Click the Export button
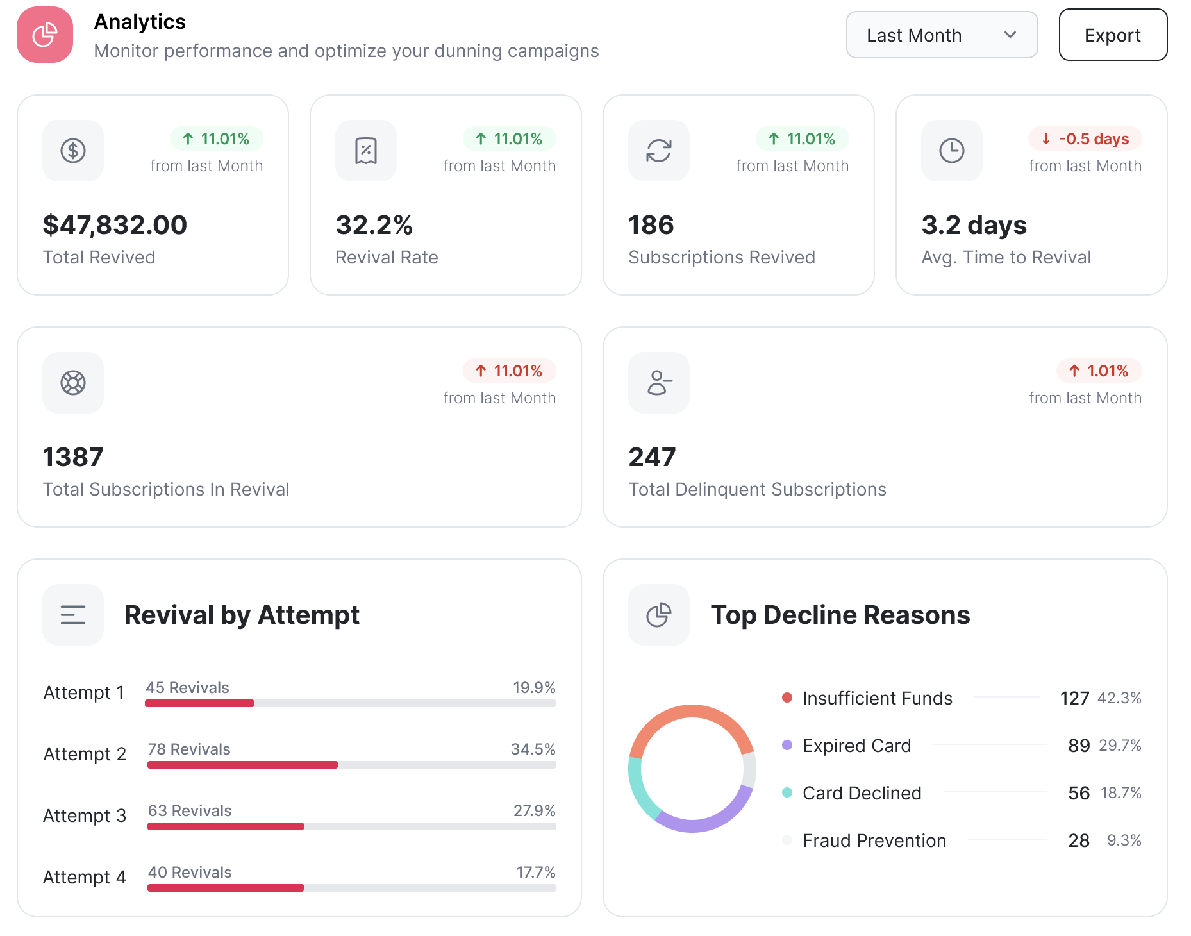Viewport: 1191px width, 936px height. tap(1113, 35)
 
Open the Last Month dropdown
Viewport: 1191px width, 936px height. tap(942, 35)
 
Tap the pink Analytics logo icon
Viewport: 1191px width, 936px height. tap(45, 35)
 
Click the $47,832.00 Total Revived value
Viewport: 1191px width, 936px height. tap(115, 225)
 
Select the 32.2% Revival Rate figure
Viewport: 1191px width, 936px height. tap(374, 225)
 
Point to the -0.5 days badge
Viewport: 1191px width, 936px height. tap(1085, 138)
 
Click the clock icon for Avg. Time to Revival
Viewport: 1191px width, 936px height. tap(951, 151)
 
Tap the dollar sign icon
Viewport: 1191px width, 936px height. tap(73, 151)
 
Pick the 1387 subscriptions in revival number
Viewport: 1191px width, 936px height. tap(73, 457)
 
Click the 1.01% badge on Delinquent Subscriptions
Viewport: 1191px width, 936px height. tap(1099, 371)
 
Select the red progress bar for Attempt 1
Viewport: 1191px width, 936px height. tap(200, 703)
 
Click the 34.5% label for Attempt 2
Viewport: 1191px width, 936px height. tap(533, 749)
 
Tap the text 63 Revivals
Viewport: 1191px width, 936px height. tap(190, 810)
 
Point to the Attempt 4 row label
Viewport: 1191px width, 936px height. tap(85, 877)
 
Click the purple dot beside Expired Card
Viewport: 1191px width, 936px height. tap(787, 745)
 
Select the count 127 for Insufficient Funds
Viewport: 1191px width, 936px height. tap(1074, 698)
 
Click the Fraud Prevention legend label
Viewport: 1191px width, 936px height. tap(874, 840)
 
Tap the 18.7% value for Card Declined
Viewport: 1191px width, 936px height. tap(1121, 793)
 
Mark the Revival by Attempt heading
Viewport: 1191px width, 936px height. tap(242, 615)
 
